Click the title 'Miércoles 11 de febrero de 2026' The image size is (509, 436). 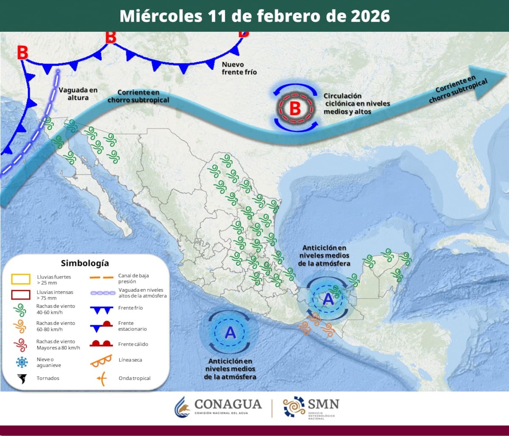(x=255, y=16)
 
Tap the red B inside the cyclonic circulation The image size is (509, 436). (x=295, y=109)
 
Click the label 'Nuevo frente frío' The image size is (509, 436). (x=239, y=68)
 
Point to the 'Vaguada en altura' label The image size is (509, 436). (x=78, y=93)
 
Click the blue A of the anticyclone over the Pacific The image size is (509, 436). (x=230, y=333)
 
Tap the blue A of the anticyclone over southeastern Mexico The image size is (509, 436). (x=328, y=299)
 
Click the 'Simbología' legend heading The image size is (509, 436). (x=85, y=263)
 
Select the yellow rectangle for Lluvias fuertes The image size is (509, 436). (x=21, y=279)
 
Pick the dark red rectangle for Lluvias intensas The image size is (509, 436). (x=21, y=295)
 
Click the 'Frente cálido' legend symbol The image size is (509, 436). (x=101, y=344)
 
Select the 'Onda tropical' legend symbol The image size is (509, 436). (x=101, y=378)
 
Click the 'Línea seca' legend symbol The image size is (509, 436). (x=101, y=360)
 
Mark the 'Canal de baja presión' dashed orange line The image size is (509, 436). (x=101, y=278)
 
